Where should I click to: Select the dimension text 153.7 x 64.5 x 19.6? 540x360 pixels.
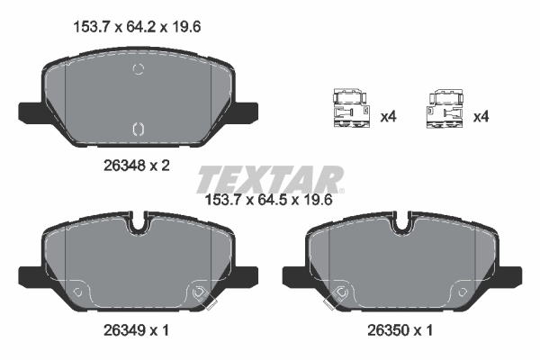tap(270, 200)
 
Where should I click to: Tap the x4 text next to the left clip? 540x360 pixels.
tap(389, 117)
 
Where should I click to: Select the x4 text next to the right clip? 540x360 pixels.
tap(481, 117)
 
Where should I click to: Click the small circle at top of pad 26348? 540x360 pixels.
tap(138, 70)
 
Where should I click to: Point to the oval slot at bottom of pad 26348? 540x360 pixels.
tap(138, 128)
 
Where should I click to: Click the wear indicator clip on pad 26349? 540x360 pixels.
tap(203, 298)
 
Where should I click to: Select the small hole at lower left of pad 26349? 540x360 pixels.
tap(77, 292)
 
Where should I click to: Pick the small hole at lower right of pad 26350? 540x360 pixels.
tap(460, 292)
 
